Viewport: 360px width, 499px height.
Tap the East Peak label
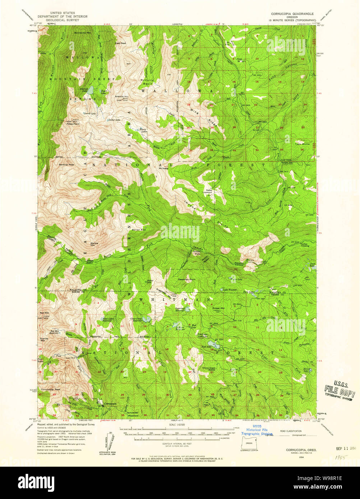pyautogui.click(x=121, y=43)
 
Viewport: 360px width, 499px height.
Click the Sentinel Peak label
pyautogui.click(x=66, y=165)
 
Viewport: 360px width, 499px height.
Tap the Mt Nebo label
pyautogui.click(x=163, y=168)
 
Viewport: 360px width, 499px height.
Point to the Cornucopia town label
pyautogui.click(x=110, y=404)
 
